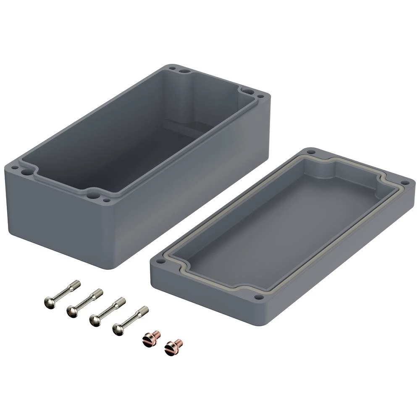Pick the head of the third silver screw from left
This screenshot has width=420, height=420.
point(95,321)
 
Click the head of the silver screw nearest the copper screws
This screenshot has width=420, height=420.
point(118,329)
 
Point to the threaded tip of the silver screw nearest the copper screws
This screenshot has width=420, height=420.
point(144,310)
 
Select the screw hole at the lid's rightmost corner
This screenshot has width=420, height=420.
point(405,183)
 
